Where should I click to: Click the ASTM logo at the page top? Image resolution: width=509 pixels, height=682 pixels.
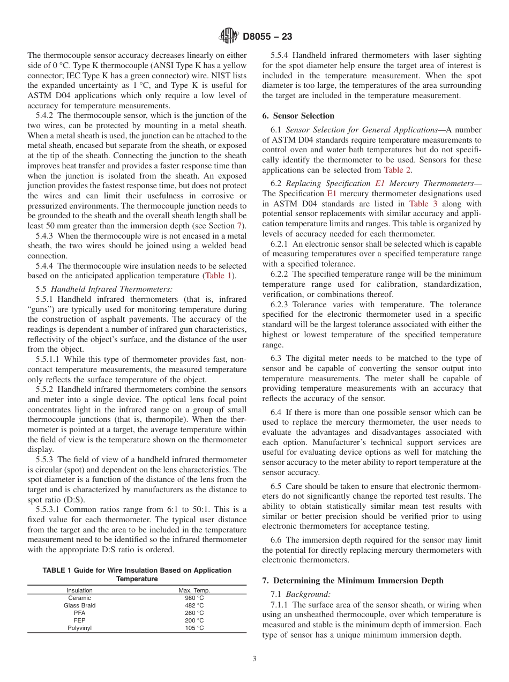[229, 36]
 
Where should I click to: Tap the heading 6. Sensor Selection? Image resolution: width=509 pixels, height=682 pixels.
[298, 116]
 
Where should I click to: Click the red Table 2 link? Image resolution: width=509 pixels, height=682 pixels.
[398, 170]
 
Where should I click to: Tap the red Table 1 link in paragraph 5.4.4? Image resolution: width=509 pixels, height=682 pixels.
[218, 276]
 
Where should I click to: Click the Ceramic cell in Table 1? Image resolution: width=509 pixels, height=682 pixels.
[79, 598]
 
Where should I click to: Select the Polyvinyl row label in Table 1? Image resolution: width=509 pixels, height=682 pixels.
[79, 628]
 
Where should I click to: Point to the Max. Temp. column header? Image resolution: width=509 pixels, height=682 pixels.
[194, 590]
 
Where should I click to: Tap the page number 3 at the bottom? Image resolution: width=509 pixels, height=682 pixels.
[254, 659]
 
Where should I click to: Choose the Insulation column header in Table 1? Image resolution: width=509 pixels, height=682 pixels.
[79, 590]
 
